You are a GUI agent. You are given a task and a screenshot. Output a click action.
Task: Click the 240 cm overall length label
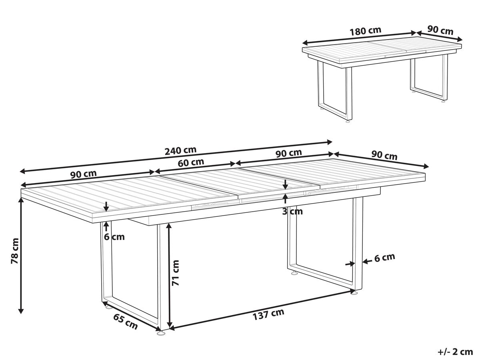click(180, 150)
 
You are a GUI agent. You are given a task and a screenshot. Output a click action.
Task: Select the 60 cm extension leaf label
click(191, 162)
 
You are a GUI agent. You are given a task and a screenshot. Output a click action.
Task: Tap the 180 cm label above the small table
click(366, 31)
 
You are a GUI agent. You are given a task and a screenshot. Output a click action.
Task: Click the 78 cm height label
click(15, 251)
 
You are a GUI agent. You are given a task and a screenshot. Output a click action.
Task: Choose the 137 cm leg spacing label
click(268, 314)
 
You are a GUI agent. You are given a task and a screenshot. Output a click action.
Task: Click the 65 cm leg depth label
click(125, 322)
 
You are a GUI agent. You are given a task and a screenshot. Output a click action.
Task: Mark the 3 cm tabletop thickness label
click(292, 211)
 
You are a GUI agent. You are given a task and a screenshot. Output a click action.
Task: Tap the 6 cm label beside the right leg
click(385, 258)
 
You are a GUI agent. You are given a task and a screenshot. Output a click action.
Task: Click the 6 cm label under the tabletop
click(114, 237)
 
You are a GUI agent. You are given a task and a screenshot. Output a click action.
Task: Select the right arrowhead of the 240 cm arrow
click(329, 142)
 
